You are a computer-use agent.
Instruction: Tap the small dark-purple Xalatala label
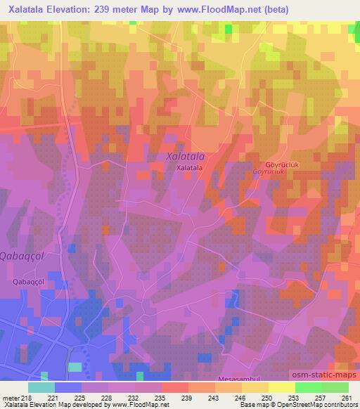(190, 169)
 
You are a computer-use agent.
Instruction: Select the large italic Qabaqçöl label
(22, 257)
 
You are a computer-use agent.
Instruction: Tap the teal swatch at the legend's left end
(41, 387)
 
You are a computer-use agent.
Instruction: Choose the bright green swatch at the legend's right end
(335, 387)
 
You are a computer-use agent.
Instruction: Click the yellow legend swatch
(282, 387)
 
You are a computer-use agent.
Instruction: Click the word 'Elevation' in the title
(72, 8)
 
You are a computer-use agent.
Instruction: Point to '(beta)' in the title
(278, 8)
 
